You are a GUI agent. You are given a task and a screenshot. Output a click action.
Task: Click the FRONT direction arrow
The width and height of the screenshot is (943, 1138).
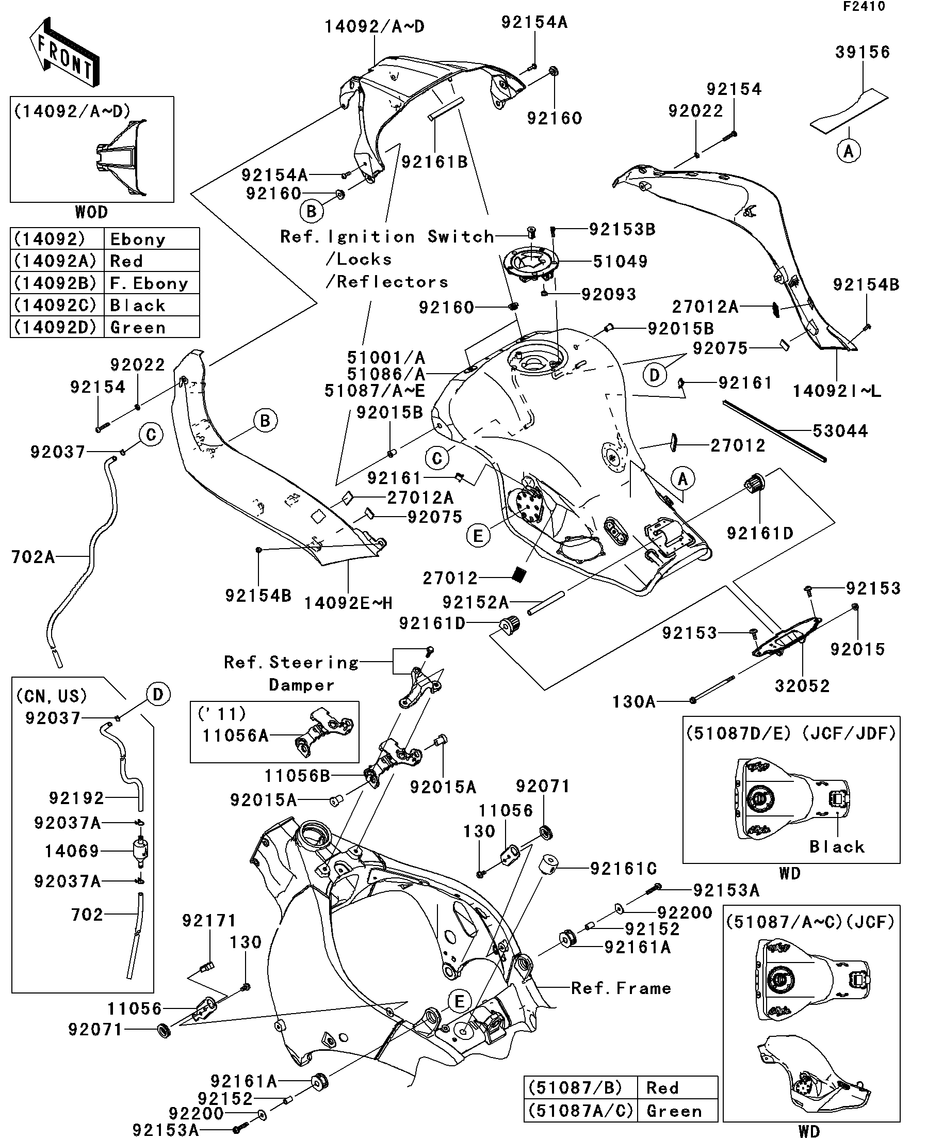point(64,53)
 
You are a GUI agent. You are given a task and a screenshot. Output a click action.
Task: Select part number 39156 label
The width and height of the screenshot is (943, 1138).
point(863,52)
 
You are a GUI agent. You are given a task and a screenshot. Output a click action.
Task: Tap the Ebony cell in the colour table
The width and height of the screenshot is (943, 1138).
point(138,239)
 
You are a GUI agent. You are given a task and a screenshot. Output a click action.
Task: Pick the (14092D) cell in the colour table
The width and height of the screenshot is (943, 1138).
point(56,327)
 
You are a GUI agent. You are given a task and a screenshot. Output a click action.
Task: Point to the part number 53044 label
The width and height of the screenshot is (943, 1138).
point(840,431)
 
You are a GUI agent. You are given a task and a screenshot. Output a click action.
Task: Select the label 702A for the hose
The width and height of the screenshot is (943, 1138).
point(33,556)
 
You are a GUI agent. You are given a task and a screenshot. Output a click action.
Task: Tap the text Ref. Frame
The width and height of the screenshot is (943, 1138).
point(621,988)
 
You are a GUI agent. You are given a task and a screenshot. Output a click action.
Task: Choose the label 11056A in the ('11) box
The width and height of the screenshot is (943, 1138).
point(235,735)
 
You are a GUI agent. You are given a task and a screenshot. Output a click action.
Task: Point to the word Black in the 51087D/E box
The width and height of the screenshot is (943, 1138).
point(837,846)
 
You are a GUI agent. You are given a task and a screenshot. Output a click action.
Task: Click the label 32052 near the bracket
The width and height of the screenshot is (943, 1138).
point(802,686)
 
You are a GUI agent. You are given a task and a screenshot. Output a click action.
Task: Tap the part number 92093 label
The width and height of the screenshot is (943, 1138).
point(608,294)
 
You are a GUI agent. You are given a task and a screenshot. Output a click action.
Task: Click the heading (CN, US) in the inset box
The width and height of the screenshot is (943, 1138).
point(52,696)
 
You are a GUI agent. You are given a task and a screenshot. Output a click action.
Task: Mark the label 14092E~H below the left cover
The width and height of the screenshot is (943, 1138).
point(348,603)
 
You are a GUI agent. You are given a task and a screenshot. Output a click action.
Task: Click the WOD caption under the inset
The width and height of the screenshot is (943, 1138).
point(91,212)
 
